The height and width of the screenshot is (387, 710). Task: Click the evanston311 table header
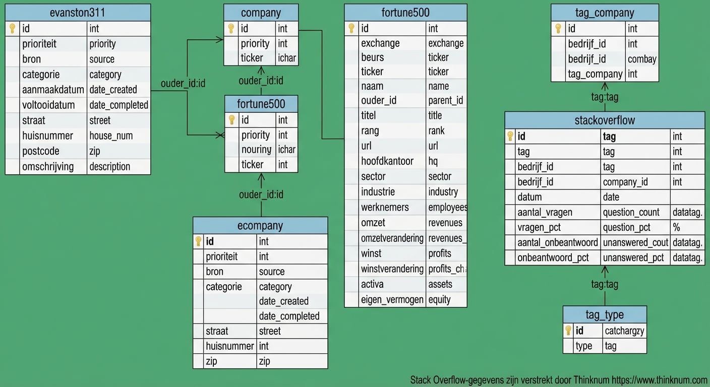click(x=78, y=13)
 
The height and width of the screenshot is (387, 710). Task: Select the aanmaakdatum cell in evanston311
click(x=53, y=90)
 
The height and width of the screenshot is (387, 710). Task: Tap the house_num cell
click(x=111, y=136)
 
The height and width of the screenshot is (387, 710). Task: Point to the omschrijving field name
click(x=48, y=166)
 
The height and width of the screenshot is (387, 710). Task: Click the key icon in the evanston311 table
click(x=13, y=29)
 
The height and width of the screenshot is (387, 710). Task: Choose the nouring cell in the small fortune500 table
click(x=256, y=150)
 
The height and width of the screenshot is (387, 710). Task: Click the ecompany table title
click(x=260, y=225)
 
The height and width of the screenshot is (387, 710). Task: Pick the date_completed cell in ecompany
click(x=289, y=316)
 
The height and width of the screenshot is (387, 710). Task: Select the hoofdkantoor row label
click(x=387, y=161)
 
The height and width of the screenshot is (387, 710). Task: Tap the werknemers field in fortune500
click(x=385, y=207)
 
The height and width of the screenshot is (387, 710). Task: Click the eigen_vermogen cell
click(x=392, y=299)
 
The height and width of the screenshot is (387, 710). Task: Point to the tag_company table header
click(x=604, y=13)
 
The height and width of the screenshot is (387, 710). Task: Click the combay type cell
click(x=641, y=59)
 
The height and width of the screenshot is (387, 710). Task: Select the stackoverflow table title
click(x=605, y=120)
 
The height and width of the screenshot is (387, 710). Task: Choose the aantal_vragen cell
click(x=545, y=212)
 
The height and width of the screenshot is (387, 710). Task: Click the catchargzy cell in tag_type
click(x=624, y=331)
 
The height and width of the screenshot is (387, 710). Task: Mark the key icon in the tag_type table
click(x=568, y=331)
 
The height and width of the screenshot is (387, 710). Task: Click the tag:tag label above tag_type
click(x=605, y=285)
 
